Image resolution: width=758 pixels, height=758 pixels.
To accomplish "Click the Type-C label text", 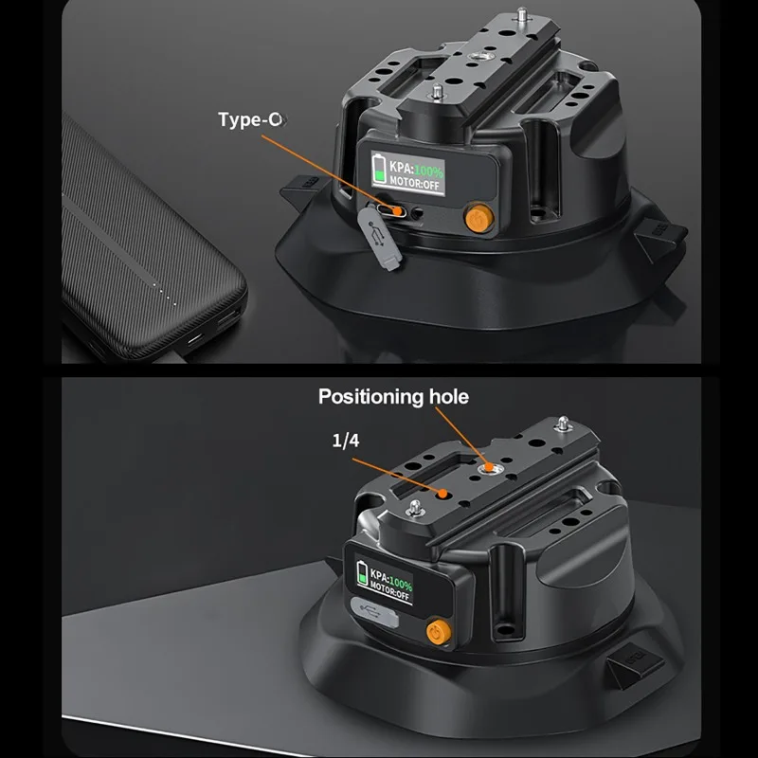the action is tap(251, 119).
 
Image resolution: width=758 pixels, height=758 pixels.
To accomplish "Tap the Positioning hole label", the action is tap(393, 397).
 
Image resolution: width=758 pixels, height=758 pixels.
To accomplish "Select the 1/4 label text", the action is tap(346, 441).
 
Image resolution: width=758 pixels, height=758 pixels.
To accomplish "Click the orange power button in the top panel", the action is tap(478, 218).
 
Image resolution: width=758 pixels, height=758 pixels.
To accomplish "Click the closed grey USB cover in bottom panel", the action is tap(374, 612).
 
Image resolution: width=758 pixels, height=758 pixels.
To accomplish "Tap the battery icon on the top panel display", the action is tap(380, 169).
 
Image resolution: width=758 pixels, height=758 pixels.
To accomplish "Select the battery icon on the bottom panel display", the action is tap(362, 573).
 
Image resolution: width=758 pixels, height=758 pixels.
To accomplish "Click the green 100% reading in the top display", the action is tap(428, 171).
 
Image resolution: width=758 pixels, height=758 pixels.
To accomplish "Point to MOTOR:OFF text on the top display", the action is tap(414, 184).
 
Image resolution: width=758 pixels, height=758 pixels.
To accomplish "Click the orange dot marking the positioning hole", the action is tap(489, 467).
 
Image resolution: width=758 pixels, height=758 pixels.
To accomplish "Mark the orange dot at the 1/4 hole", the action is tap(442, 494).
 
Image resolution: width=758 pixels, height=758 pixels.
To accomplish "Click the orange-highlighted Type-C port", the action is tap(392, 211).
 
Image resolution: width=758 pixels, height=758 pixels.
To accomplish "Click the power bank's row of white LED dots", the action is tap(165, 295).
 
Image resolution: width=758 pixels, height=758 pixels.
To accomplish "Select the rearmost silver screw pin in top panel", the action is tap(522, 14).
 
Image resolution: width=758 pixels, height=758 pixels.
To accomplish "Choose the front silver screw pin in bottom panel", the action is tap(415, 509).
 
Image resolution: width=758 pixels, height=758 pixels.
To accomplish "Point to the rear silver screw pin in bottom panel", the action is tap(563, 424).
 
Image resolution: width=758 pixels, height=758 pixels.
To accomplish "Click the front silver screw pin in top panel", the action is tap(437, 92).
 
